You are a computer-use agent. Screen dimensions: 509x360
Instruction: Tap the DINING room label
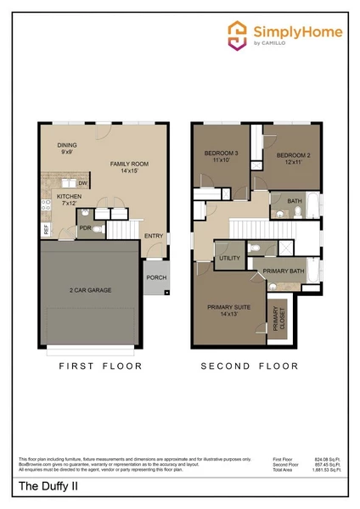[68, 148]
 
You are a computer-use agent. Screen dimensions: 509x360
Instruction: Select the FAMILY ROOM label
[129, 165]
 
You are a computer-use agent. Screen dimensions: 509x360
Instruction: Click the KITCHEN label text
[68, 199]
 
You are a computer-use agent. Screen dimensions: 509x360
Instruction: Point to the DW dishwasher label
[82, 183]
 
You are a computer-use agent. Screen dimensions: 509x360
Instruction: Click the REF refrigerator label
[46, 229]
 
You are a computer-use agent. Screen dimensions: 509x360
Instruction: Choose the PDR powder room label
[85, 227]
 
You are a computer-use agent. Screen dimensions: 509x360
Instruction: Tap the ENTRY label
[154, 236]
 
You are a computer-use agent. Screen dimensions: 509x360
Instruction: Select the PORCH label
[156, 277]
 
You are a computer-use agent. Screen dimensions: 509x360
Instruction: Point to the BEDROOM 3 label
[222, 156]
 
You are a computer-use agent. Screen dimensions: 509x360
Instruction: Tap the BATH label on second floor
[295, 201]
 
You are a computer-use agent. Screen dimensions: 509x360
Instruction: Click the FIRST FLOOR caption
[100, 366]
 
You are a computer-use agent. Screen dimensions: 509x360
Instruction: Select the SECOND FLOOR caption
[250, 366]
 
